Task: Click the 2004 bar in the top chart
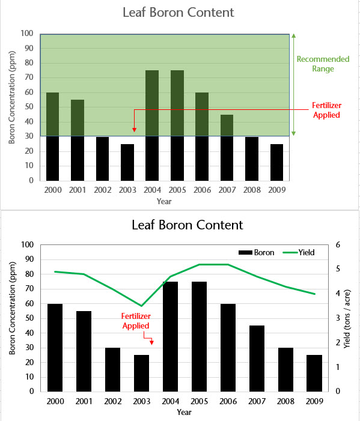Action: tap(152, 125)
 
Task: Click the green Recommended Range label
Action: tap(322, 64)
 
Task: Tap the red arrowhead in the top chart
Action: tap(134, 129)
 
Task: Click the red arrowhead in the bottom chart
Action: tap(151, 342)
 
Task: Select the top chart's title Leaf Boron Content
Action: tap(178, 13)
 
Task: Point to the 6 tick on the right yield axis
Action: tap(338, 245)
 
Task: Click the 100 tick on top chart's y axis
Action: tap(28, 34)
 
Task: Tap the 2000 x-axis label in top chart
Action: tap(53, 190)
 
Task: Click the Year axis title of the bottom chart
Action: tap(185, 413)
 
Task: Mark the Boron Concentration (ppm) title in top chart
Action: tap(11, 106)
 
